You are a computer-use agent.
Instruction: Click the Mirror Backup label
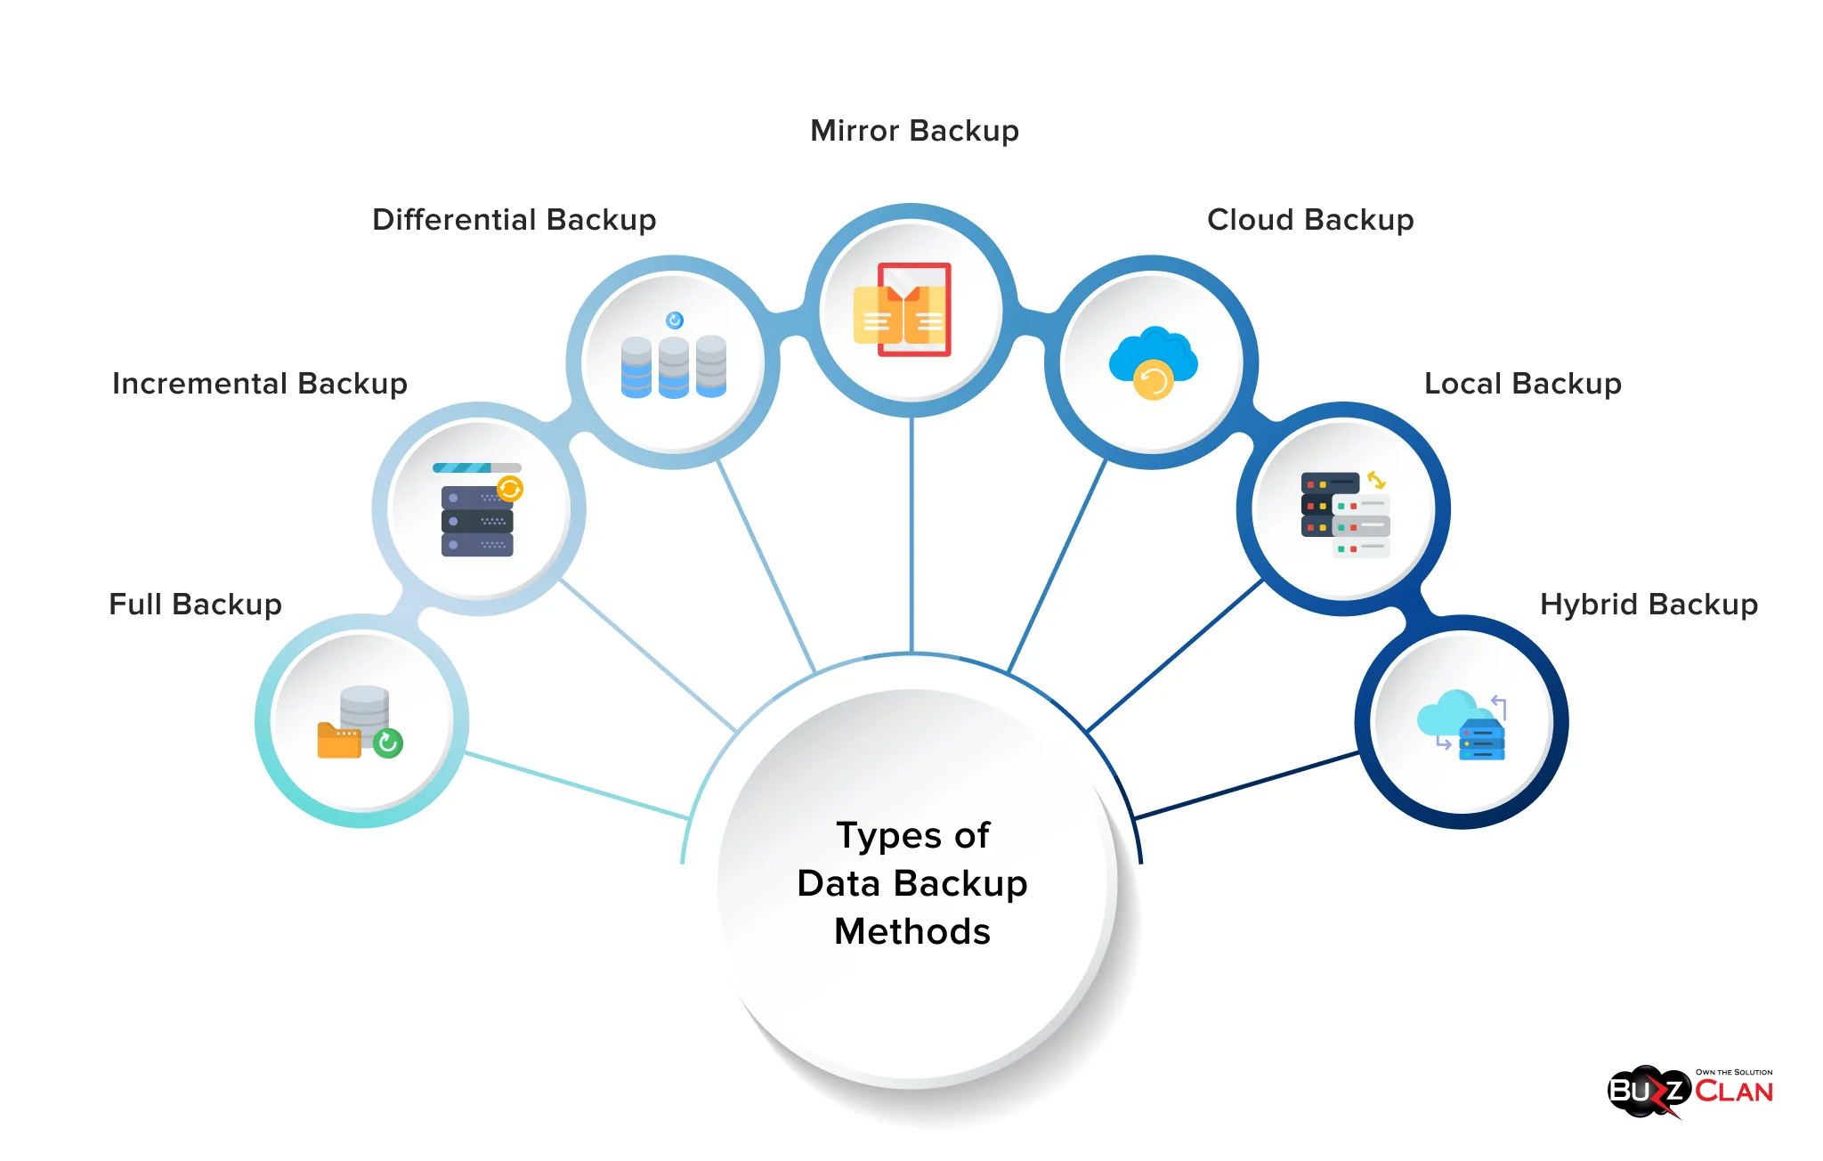pyautogui.click(x=914, y=131)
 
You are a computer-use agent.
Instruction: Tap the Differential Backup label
pyautogui.click(x=514, y=220)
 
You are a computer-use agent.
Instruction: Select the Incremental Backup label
pyautogui.click(x=259, y=384)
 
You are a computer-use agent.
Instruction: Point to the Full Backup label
pyautogui.click(x=195, y=605)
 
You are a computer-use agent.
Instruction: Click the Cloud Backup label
pyautogui.click(x=1309, y=220)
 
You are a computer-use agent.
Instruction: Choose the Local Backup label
pyautogui.click(x=1522, y=384)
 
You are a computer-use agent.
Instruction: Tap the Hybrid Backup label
pyautogui.click(x=1649, y=605)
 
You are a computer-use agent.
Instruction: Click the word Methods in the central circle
pyautogui.click(x=911, y=932)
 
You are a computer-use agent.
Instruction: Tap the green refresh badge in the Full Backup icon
pyautogui.click(x=388, y=743)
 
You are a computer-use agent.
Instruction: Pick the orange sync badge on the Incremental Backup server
pyautogui.click(x=510, y=488)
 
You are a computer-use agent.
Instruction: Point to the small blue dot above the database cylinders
pyautogui.click(x=675, y=321)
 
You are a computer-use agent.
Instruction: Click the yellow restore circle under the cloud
pyautogui.click(x=1154, y=382)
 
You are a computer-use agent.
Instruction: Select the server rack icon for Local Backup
pyautogui.click(x=1344, y=515)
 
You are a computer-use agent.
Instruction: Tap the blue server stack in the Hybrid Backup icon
pyautogui.click(x=1482, y=740)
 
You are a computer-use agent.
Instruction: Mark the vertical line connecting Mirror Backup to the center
pyautogui.click(x=911, y=534)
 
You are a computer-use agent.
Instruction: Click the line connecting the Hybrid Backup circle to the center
pyautogui.click(x=1246, y=785)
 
